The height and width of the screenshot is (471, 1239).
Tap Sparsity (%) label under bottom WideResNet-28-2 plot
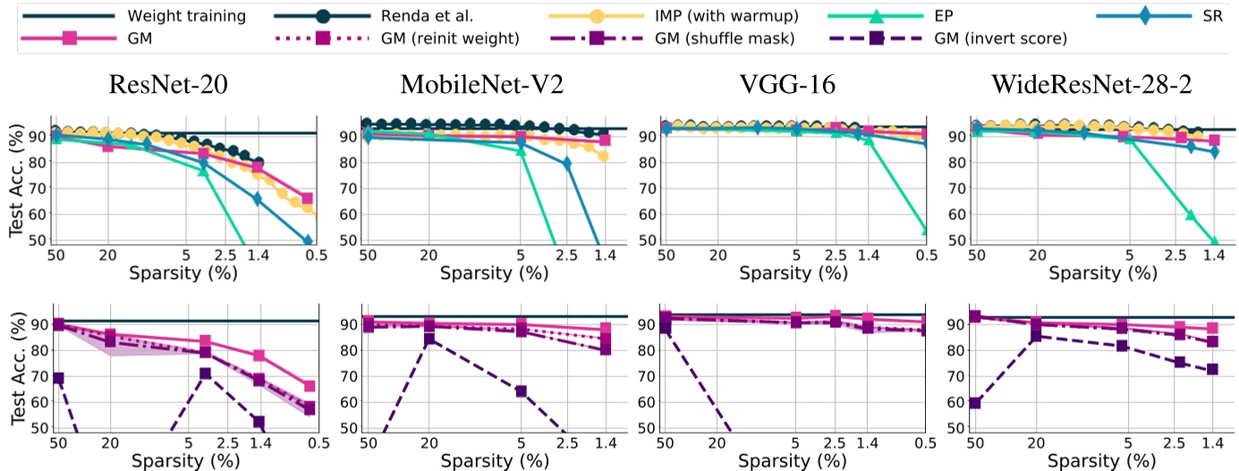(1098, 460)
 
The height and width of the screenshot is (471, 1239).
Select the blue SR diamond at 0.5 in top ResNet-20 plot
(308, 241)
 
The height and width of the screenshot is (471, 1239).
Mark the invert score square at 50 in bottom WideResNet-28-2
(975, 403)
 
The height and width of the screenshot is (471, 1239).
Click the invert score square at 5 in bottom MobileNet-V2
(521, 391)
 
